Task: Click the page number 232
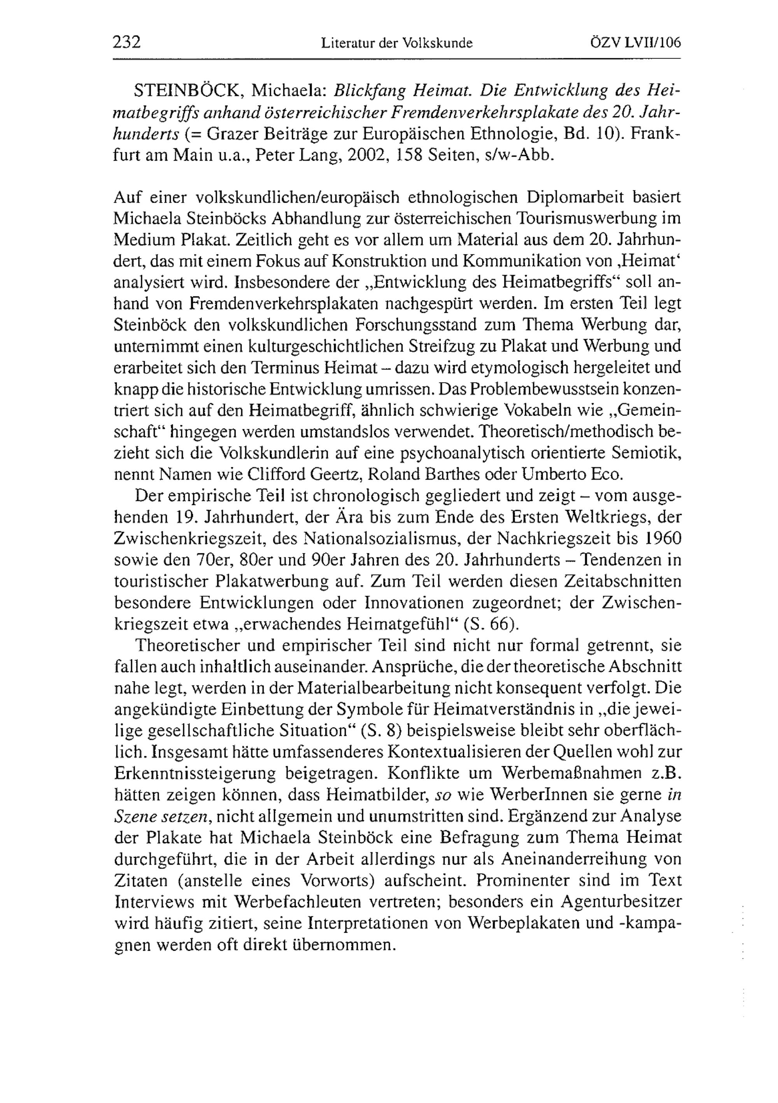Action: pos(126,42)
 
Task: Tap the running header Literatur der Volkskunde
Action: pos(397,44)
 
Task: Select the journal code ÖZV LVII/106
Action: pos(635,43)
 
